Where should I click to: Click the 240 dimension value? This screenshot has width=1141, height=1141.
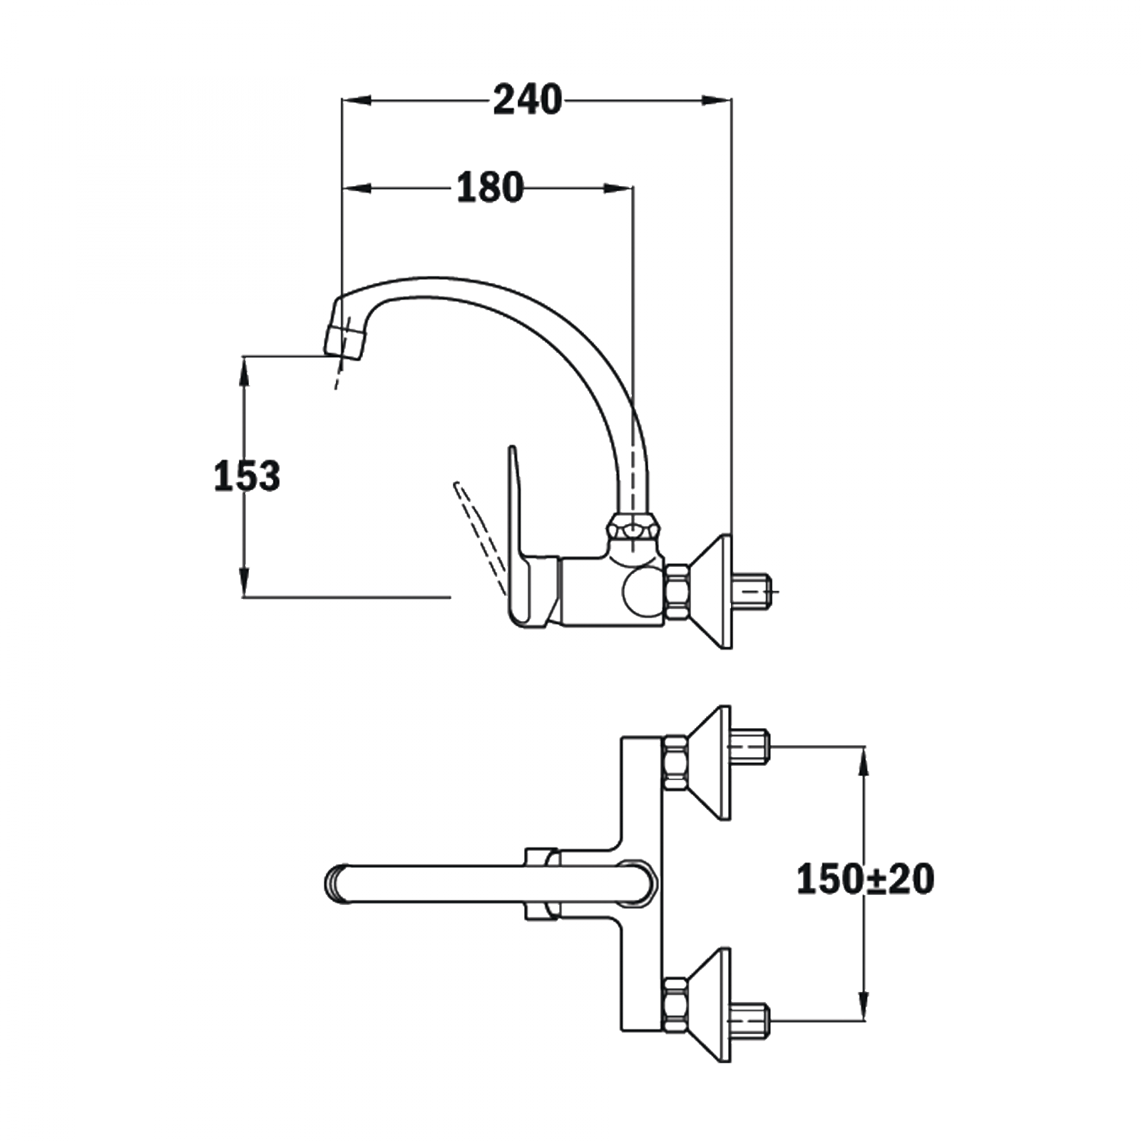527,100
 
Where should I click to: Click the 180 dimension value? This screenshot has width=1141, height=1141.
490,188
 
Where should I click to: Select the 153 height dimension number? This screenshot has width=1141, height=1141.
247,476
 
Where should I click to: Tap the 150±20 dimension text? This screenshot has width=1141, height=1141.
864,879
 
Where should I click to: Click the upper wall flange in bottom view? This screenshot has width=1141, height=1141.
713,762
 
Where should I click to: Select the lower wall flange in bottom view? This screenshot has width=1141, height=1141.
713,1005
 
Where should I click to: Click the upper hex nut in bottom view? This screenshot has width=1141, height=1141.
675,762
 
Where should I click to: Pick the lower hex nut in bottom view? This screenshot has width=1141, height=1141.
675,1005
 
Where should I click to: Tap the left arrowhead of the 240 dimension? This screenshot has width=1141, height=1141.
357,101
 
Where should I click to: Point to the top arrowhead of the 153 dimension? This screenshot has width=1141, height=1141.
244,371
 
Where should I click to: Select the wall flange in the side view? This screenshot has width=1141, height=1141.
717,591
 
